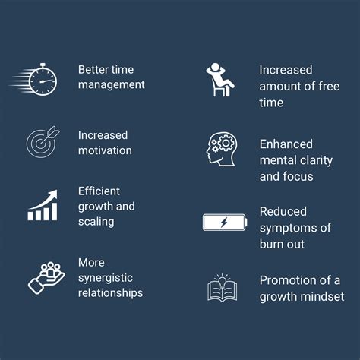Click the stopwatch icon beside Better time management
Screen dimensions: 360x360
point(39,78)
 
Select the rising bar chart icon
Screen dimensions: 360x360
point(43,206)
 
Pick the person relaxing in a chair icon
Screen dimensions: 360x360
point(218,79)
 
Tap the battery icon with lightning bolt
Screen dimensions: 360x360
point(224,223)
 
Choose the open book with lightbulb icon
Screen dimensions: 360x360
point(223,288)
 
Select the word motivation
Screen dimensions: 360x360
point(105,150)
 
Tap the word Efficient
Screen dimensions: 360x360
point(99,191)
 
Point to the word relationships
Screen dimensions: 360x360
point(110,292)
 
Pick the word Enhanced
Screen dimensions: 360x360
point(286,144)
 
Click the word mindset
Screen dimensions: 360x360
point(321,296)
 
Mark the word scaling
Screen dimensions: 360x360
point(96,222)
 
